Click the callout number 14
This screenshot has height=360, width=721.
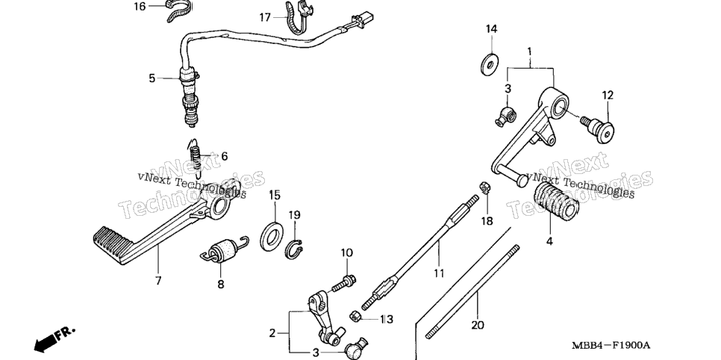tap(492, 29)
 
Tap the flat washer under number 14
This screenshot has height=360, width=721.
tap(491, 65)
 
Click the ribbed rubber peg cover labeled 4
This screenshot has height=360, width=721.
tap(555, 200)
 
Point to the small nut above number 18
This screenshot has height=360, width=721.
tap(484, 187)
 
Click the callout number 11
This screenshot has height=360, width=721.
tap(439, 273)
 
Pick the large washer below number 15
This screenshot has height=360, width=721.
tap(272, 236)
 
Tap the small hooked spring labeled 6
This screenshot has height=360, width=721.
tap(196, 158)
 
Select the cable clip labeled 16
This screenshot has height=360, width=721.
tap(177, 10)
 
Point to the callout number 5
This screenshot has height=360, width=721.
tap(152, 78)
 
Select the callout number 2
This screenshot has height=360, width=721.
tap(272, 333)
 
